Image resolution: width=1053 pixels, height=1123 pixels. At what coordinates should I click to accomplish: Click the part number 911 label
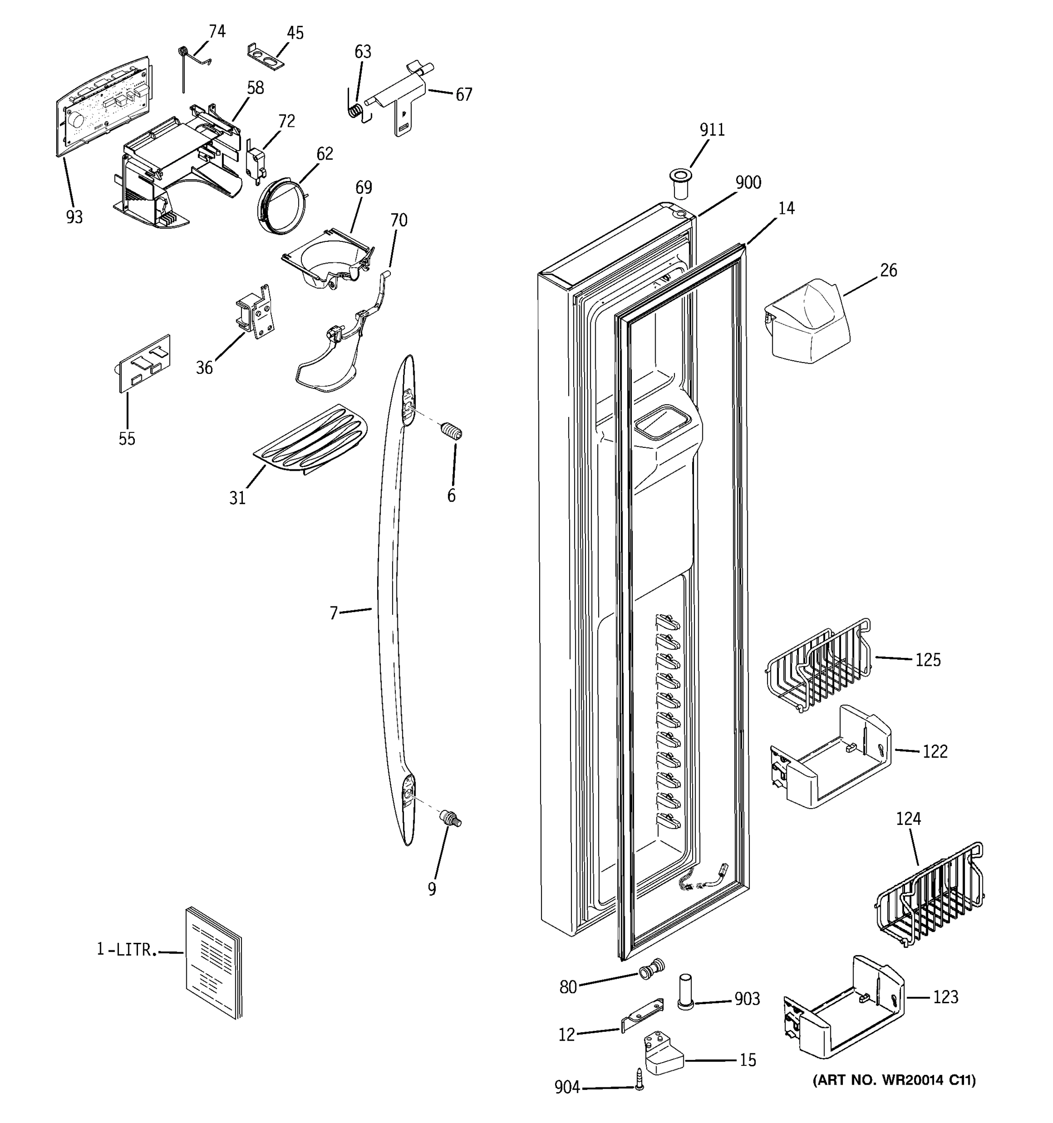712,130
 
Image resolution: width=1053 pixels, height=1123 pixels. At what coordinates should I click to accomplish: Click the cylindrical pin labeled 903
685,992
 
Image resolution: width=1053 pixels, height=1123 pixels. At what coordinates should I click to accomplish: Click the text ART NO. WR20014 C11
894,1080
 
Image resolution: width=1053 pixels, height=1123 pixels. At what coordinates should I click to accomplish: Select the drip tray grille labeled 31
311,439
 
